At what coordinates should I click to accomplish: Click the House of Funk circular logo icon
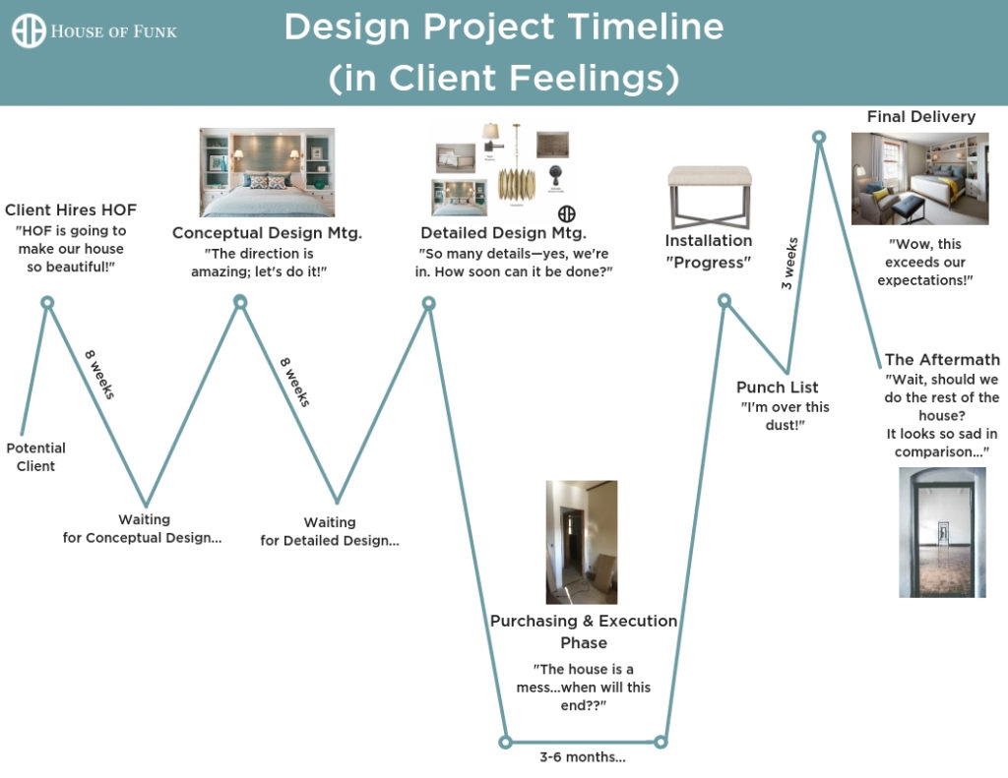pyautogui.click(x=29, y=30)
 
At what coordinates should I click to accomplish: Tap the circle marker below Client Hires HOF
pyautogui.click(x=47, y=303)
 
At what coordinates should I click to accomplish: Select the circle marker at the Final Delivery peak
pyautogui.click(x=818, y=137)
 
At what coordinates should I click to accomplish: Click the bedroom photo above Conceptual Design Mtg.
pyautogui.click(x=267, y=172)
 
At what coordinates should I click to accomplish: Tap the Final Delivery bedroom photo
pyautogui.click(x=920, y=179)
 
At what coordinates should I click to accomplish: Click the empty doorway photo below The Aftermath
pyautogui.click(x=942, y=532)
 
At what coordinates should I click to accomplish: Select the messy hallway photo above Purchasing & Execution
pyautogui.click(x=582, y=542)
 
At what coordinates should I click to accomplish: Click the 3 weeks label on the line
pyautogui.click(x=789, y=264)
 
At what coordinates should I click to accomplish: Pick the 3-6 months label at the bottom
pyautogui.click(x=583, y=756)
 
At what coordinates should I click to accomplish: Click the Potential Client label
pyautogui.click(x=36, y=456)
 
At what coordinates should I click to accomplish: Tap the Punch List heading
pyautogui.click(x=778, y=388)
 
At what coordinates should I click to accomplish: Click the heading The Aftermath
pyautogui.click(x=942, y=359)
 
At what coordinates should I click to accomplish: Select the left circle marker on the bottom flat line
pyautogui.click(x=505, y=742)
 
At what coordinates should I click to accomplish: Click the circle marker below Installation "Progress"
pyautogui.click(x=724, y=301)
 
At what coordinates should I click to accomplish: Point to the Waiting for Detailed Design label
pyautogui.click(x=330, y=531)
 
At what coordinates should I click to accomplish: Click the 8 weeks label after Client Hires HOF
pyautogui.click(x=99, y=375)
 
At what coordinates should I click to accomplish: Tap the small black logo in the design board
pyautogui.click(x=566, y=214)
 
